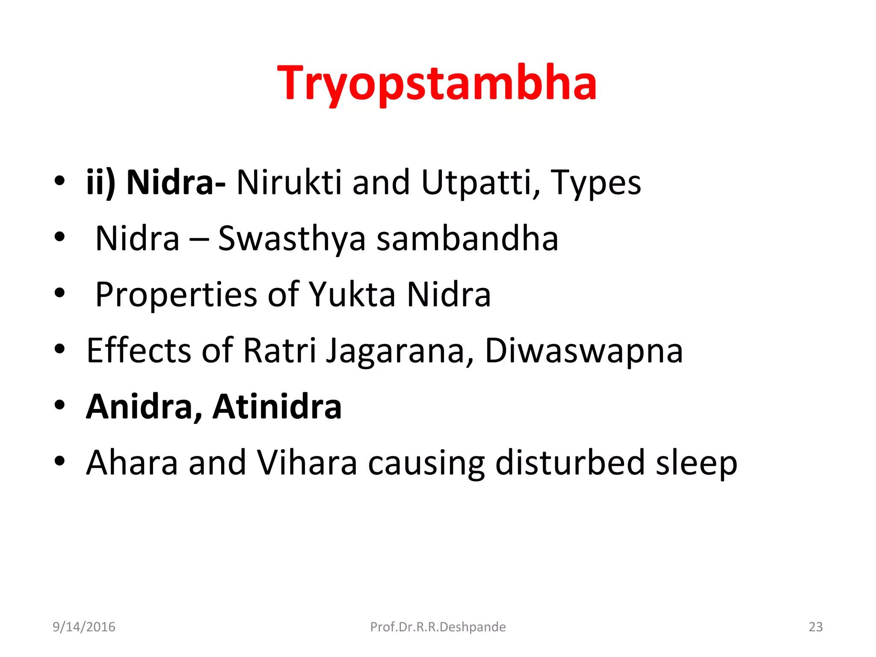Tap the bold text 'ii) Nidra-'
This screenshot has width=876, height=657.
click(x=156, y=182)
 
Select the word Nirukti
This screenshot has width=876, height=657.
click(x=289, y=182)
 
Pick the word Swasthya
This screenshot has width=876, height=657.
click(x=292, y=239)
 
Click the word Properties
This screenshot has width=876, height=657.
click(x=176, y=295)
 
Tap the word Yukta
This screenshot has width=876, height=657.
click(x=352, y=294)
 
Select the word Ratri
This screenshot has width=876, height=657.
click(x=280, y=350)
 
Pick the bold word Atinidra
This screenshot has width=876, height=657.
click(x=277, y=406)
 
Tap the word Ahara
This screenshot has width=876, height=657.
click(x=132, y=462)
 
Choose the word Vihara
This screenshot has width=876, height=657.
click(x=306, y=462)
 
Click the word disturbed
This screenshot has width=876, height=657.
click(x=570, y=462)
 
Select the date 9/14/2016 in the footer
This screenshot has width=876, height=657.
click(x=84, y=627)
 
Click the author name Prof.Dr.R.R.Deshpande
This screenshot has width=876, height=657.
click(x=438, y=627)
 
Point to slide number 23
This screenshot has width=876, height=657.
click(x=815, y=627)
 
